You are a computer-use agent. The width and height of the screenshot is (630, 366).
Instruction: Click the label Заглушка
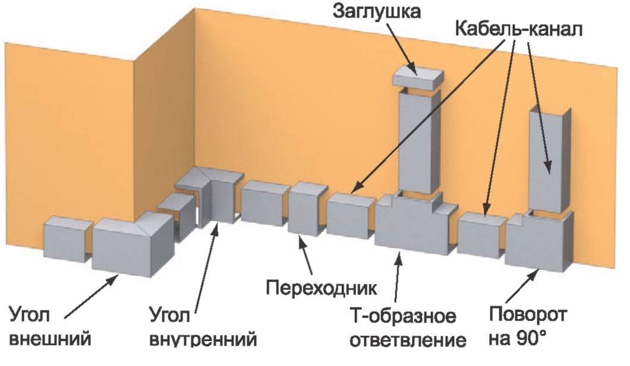376,12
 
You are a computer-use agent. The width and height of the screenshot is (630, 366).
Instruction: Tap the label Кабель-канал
519,29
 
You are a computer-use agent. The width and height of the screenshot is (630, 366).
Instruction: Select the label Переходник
322,288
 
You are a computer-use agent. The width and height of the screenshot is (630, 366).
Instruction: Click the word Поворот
528,314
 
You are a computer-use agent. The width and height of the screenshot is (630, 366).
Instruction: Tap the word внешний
50,338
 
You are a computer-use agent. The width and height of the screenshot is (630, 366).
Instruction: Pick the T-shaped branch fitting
415,222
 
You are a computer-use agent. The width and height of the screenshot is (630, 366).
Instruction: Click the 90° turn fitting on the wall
539,241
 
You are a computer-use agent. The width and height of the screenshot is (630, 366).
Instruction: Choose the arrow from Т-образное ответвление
397,277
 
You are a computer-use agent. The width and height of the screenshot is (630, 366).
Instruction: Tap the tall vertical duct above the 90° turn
550,158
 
